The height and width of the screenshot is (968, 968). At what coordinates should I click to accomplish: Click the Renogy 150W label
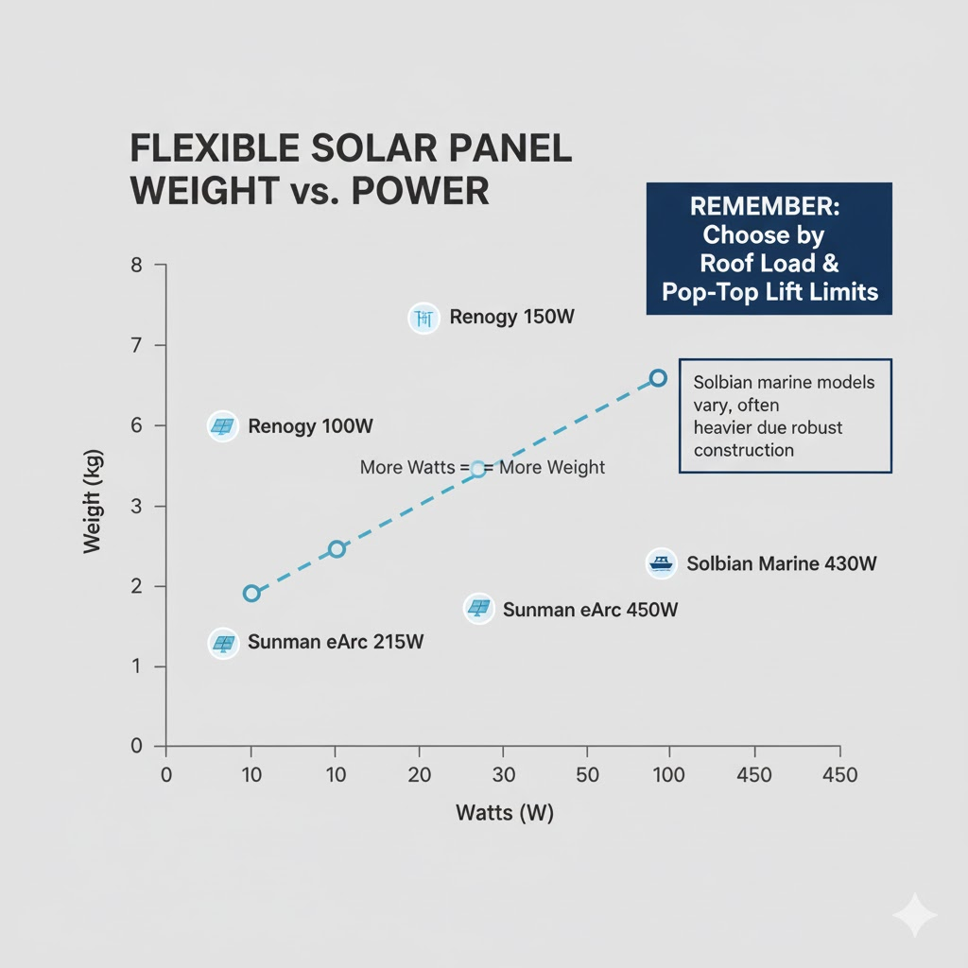pos(511,318)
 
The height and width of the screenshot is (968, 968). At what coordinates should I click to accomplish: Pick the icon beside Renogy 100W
pos(222,426)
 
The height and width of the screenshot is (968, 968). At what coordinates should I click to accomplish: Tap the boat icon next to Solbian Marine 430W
pos(661,564)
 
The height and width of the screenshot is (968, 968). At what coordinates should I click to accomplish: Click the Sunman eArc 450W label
pos(590,610)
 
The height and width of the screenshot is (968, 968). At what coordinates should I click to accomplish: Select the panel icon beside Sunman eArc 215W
pos(222,644)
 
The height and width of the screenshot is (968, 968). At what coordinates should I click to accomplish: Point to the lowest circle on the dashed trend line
pos(251,594)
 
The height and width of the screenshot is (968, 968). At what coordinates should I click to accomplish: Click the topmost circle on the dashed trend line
pos(658,378)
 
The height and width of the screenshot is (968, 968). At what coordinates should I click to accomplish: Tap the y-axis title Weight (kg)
pos(93,501)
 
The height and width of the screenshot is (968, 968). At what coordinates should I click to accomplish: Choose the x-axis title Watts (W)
pos(504,813)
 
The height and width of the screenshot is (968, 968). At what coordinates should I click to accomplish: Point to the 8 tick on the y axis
pos(136,266)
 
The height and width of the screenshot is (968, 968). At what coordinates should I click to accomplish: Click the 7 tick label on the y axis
pos(136,346)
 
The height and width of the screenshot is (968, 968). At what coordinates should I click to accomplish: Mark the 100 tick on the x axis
pos(669,776)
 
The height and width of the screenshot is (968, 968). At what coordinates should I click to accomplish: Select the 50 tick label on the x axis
pos(587,776)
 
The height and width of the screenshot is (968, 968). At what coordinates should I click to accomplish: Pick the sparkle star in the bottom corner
pos(914,915)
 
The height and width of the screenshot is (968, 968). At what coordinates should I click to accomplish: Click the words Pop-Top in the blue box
pos(703,291)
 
